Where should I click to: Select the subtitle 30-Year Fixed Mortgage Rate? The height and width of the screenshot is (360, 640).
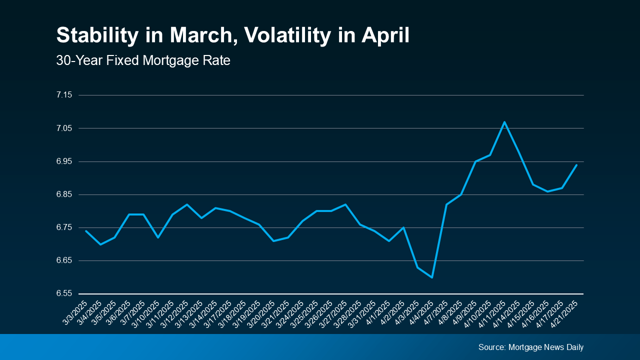tap(143, 61)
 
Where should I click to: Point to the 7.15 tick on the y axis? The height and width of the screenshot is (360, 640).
tap(64, 95)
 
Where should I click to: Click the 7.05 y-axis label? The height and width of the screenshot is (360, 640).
tap(64, 128)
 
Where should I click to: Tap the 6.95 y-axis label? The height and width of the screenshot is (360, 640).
tap(64, 161)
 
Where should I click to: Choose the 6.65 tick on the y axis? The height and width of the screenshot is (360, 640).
tap(64, 260)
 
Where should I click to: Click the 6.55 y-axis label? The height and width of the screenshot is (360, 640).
tap(64, 293)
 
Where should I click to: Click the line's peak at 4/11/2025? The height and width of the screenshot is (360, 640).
tap(504, 122)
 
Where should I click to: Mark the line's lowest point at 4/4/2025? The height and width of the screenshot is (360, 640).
tap(432, 277)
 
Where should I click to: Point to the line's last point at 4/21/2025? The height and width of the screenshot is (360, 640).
tap(576, 165)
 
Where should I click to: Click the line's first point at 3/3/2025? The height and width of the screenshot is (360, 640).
tap(86, 231)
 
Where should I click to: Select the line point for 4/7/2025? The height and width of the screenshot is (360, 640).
tap(446, 204)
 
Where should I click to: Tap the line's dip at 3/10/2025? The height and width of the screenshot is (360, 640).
tap(158, 237)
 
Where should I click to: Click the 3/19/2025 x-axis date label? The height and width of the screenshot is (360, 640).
tap(248, 313)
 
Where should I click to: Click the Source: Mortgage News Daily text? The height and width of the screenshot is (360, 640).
tap(530, 347)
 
